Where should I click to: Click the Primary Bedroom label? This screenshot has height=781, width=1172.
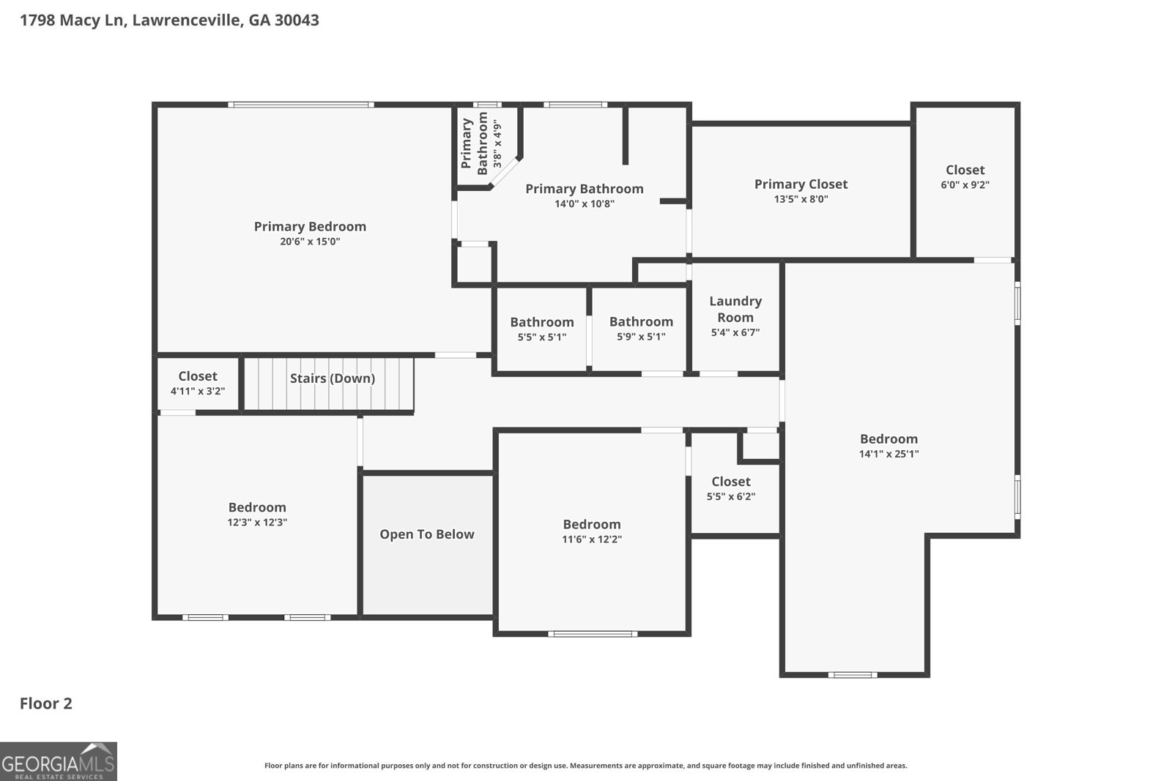coord(310,226)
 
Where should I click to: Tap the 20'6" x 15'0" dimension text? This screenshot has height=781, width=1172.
coord(310,242)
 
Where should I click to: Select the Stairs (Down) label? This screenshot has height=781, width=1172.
coord(333,378)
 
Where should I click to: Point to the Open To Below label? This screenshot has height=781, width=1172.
coord(427,534)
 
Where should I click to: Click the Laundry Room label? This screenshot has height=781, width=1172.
coord(735,309)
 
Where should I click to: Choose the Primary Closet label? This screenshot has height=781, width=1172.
coord(801,184)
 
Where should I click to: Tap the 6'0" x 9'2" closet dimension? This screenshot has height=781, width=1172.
coord(965,184)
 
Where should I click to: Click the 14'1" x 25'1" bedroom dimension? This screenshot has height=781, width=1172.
coord(889,454)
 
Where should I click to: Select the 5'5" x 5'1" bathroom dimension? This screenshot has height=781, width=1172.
coord(542,337)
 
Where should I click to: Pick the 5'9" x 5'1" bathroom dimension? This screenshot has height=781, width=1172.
coord(641,337)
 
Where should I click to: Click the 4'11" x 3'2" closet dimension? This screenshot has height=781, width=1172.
coord(197,391)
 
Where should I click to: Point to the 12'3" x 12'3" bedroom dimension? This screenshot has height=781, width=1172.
coord(257,522)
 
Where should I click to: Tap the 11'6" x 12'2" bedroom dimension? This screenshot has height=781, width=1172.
coord(592,539)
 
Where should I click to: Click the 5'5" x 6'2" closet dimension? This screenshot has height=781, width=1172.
coord(731,496)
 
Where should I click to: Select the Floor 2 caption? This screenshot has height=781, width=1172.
coord(46,703)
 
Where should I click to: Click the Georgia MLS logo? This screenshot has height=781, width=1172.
coord(58,761)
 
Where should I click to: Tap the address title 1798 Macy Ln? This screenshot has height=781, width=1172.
coord(73,20)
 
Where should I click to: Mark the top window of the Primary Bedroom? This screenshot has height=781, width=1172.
coord(301,105)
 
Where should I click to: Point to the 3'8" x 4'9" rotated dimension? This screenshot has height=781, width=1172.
coord(497,143)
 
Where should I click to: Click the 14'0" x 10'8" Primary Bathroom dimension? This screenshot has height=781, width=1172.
coord(585,204)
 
